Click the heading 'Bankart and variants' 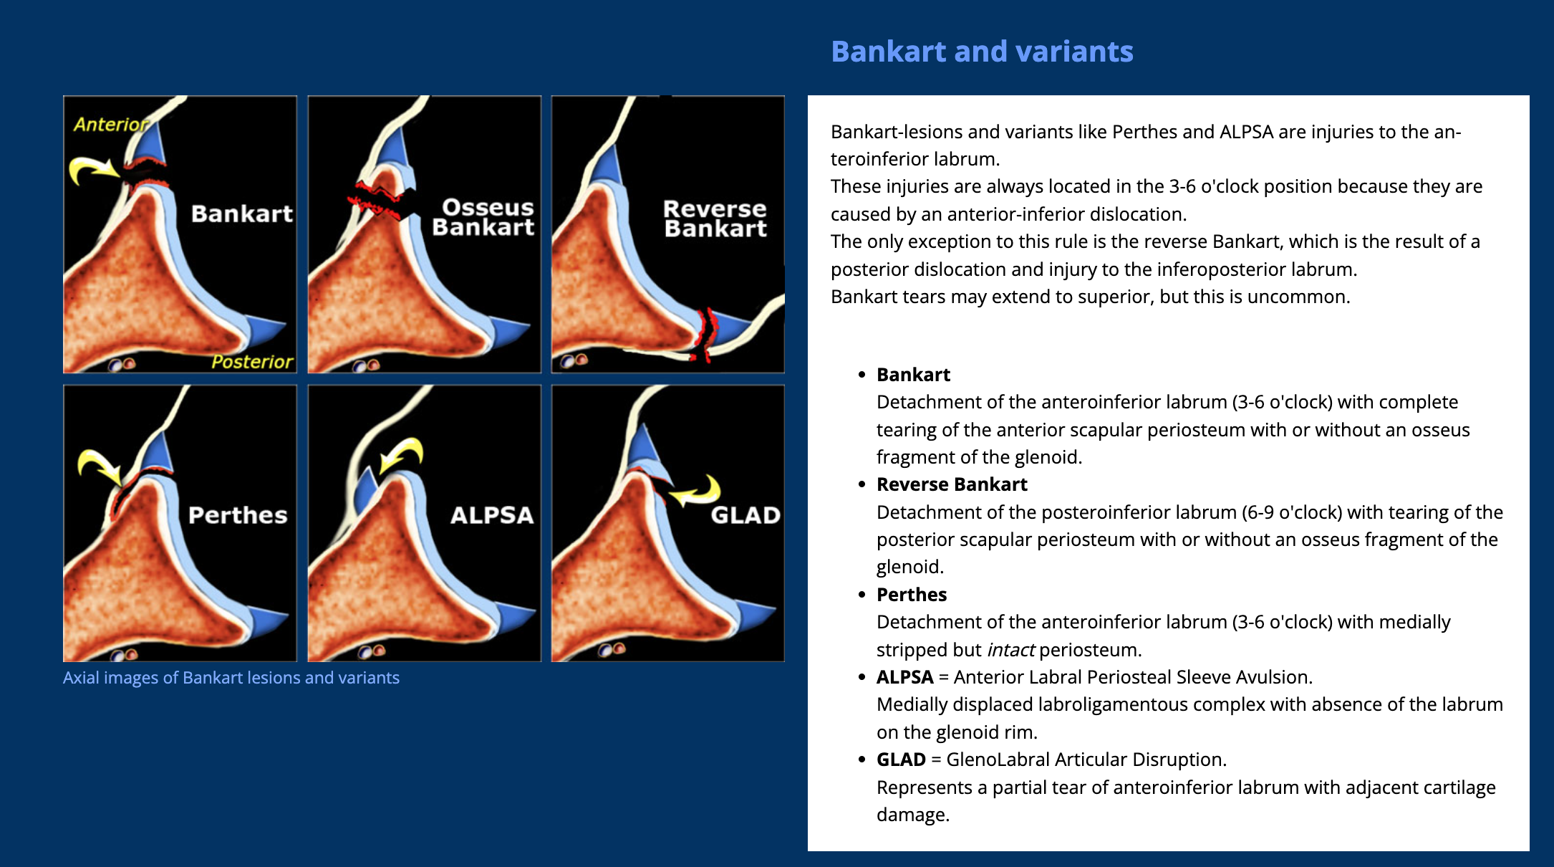pyautogui.click(x=982, y=52)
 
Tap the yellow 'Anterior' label pyautogui.click(x=110, y=125)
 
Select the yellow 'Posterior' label pyautogui.click(x=252, y=362)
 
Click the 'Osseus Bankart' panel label pyautogui.click(x=484, y=217)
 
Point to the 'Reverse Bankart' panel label pyautogui.click(x=715, y=219)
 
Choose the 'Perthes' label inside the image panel pyautogui.click(x=238, y=515)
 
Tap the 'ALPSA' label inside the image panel pyautogui.click(x=492, y=515)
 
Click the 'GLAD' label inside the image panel pyautogui.click(x=745, y=515)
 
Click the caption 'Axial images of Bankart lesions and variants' pyautogui.click(x=231, y=678)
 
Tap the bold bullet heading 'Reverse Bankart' pyautogui.click(x=952, y=484)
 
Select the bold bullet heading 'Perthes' pyautogui.click(x=912, y=595)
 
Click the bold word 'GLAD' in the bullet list pyautogui.click(x=901, y=760)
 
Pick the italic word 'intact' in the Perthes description pyautogui.click(x=1010, y=650)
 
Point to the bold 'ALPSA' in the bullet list pyautogui.click(x=904, y=677)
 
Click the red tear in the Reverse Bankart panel pyautogui.click(x=707, y=333)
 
